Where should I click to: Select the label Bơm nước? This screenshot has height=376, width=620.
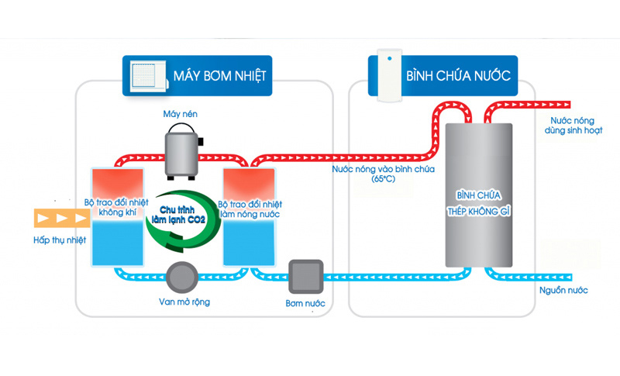coord(303,302)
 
